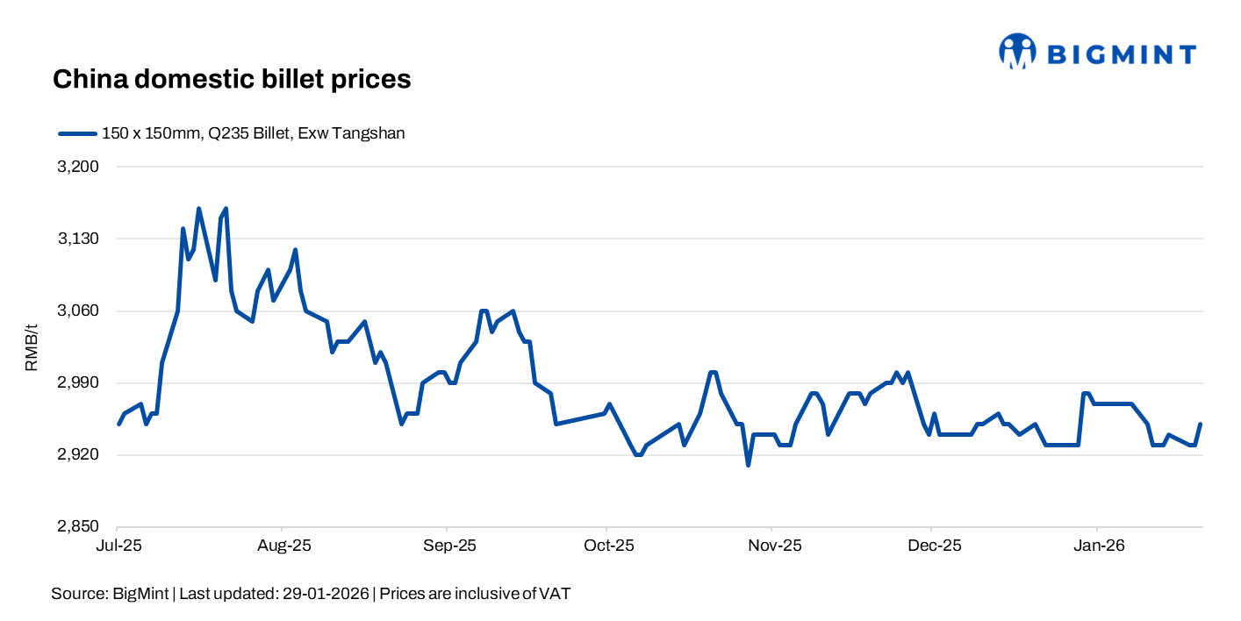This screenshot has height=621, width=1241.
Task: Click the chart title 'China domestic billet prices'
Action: click(232, 79)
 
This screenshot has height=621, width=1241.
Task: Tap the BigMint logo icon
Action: click(1017, 52)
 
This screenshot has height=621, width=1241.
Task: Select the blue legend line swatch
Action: click(76, 133)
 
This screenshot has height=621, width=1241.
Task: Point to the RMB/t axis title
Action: click(32, 347)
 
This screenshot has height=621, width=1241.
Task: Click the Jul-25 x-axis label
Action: click(118, 546)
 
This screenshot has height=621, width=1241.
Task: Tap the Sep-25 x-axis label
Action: click(448, 546)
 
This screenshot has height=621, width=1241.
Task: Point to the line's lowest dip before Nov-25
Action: click(749, 465)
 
